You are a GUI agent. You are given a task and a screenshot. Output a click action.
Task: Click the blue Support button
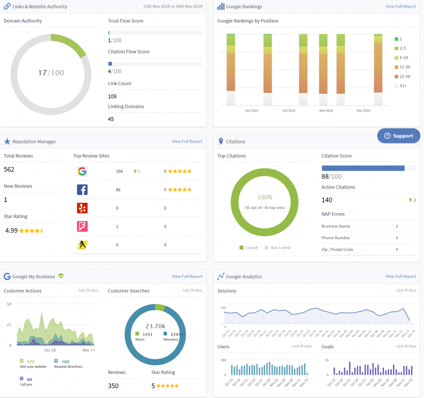point(398,136)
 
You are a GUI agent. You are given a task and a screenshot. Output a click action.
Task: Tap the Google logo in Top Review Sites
point(82,171)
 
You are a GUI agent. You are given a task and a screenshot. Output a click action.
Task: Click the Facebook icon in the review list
point(82,189)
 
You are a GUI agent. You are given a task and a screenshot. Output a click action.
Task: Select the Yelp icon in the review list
point(82,208)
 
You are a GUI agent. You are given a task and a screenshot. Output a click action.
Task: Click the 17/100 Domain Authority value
point(51,73)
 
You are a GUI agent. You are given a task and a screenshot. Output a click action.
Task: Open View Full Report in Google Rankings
point(400,7)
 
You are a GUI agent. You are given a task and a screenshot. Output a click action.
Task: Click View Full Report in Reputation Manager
point(187,141)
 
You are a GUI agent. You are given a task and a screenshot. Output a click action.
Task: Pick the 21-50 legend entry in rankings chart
point(405,76)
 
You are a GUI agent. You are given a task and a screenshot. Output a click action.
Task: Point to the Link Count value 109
point(112,96)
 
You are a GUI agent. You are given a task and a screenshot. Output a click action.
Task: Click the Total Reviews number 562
point(9,170)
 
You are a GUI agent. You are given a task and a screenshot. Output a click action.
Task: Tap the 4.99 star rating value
point(12,231)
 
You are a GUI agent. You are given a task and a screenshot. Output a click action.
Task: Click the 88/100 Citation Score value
point(332,177)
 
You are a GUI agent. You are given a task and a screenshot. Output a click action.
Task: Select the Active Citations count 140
point(327,200)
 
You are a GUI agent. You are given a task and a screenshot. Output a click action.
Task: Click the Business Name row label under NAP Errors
point(336,226)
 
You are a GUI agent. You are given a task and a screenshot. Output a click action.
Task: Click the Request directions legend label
point(68,366)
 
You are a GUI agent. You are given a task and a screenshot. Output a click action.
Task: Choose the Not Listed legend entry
point(280,248)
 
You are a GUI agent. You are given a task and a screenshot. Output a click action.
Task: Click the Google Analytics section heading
point(244,277)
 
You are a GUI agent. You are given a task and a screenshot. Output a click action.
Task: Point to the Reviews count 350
point(113,386)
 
